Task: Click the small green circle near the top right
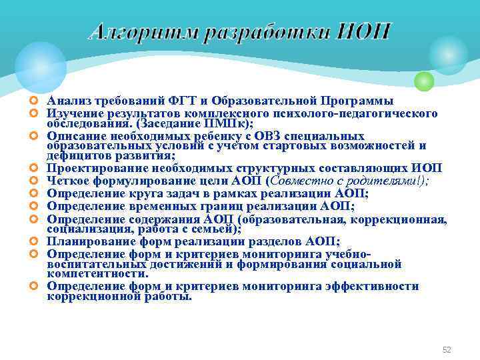[424, 81]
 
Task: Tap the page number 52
[447, 350]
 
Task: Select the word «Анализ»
[66, 101]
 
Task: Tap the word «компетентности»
[97, 273]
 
